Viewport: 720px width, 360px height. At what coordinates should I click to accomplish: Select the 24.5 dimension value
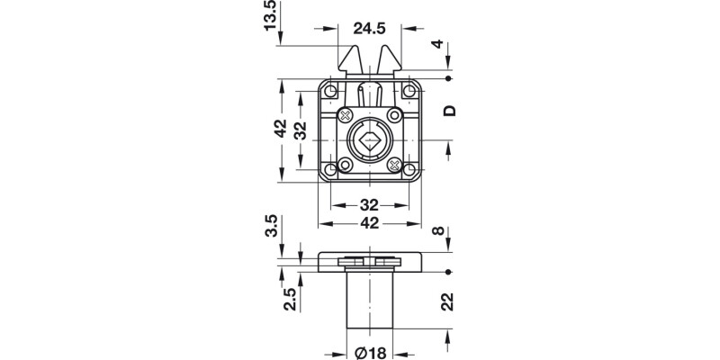[370, 29]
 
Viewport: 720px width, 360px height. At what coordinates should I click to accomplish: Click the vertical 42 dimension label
[280, 130]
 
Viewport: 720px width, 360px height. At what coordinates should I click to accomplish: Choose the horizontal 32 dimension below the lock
[370, 204]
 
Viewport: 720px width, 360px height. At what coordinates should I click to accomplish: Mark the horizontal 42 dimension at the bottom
[370, 222]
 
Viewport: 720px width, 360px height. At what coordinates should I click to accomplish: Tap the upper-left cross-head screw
[345, 115]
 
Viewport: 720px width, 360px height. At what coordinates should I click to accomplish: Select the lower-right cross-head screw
[394, 166]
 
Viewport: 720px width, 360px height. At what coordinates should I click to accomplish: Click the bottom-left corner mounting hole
[330, 169]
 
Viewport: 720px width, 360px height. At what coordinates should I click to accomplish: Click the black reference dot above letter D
[449, 79]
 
